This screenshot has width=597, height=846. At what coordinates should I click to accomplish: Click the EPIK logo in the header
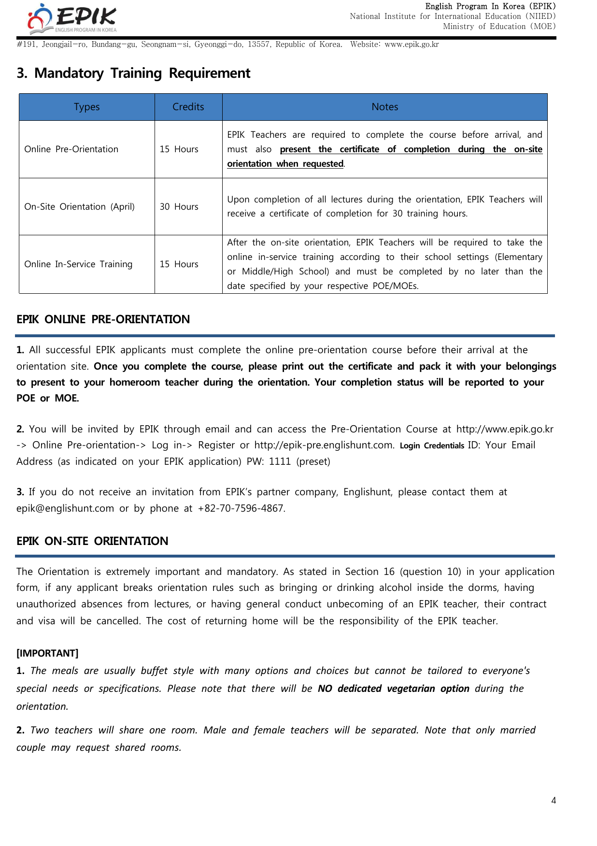tap(72, 18)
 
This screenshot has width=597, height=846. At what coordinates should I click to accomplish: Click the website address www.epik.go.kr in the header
tap(412, 44)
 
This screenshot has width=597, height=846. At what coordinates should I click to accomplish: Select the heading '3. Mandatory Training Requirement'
tap(133, 73)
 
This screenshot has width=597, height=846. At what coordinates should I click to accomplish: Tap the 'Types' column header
tap(87, 107)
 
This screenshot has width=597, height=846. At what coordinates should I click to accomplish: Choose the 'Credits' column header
tap(188, 107)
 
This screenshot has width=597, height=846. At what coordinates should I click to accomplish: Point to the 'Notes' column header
tap(384, 107)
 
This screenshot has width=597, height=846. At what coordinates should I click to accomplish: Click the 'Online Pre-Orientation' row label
tap(71, 149)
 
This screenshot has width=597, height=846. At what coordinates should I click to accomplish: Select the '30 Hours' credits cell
tap(179, 207)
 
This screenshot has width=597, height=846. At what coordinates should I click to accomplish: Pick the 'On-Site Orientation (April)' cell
tap(80, 207)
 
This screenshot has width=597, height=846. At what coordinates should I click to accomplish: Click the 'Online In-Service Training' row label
tap(78, 264)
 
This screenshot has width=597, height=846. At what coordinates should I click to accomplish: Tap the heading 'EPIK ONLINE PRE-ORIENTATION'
tap(103, 319)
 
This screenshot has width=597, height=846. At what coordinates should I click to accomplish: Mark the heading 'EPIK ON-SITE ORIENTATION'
tap(92, 541)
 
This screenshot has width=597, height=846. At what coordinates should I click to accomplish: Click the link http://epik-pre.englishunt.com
tap(324, 445)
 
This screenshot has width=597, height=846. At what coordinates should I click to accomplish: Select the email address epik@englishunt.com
tap(65, 508)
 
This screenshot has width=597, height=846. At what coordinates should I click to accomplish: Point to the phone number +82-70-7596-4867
tap(241, 508)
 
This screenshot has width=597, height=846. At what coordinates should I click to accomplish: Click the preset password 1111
tap(280, 461)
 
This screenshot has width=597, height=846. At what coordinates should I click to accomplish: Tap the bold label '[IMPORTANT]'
tap(47, 653)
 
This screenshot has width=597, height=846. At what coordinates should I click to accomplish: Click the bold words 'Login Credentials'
tap(432, 445)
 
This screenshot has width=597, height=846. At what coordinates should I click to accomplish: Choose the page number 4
tap(554, 801)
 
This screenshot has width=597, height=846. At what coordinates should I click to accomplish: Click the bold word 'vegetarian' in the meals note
tap(411, 688)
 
